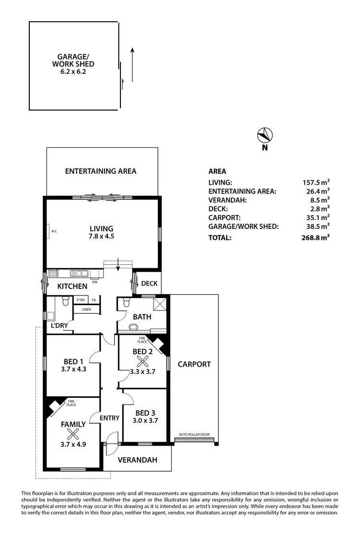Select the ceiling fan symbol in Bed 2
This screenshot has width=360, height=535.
(140, 363)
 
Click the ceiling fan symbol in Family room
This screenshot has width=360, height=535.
(73, 435)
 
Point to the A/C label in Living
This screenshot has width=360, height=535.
(54, 231)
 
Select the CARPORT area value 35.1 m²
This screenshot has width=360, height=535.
(316, 217)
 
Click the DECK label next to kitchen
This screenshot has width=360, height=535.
(149, 283)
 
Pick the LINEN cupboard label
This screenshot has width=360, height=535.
(86, 309)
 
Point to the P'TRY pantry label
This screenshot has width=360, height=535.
(80, 300)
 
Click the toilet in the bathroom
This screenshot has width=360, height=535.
(127, 303)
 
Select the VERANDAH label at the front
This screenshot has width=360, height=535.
(138, 460)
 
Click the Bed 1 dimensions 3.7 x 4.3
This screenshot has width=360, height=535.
(73, 369)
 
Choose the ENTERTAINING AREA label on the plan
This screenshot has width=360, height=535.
(101, 171)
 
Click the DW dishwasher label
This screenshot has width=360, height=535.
(95, 282)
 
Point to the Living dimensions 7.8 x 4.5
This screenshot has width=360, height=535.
(101, 236)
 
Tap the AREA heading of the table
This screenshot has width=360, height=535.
(217, 171)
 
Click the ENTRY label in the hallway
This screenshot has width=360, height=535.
(109, 418)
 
